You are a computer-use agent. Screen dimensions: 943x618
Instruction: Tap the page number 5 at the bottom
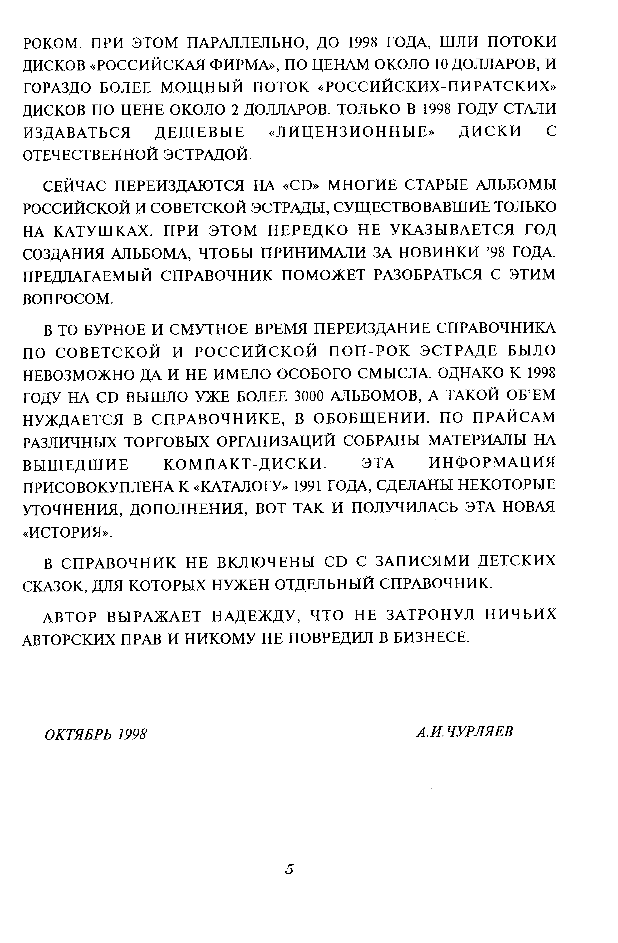289,869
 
